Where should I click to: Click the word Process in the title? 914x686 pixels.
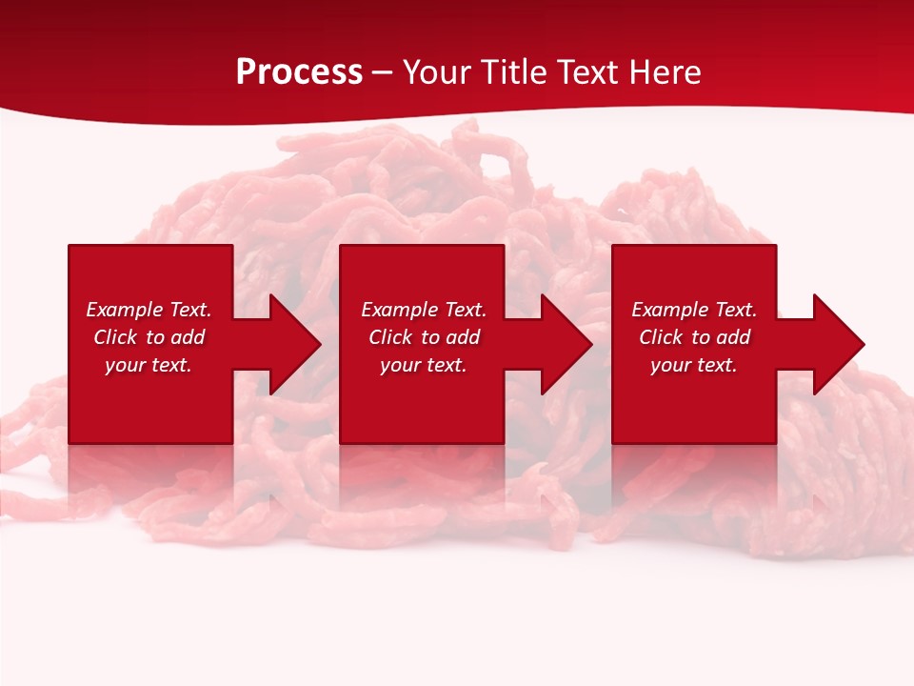click(x=299, y=72)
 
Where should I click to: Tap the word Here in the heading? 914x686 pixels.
click(x=664, y=72)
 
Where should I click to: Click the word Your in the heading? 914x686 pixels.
click(x=439, y=72)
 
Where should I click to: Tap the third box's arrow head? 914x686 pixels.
click(x=837, y=344)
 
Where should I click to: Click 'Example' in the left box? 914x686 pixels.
click(x=124, y=310)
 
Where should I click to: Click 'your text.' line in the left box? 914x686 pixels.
click(x=149, y=365)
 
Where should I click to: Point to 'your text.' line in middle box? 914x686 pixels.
click(x=424, y=365)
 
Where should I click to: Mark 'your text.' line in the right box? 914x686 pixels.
click(x=694, y=365)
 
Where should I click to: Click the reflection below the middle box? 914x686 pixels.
click(x=422, y=472)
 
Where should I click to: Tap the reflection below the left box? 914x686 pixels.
click(x=150, y=472)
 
